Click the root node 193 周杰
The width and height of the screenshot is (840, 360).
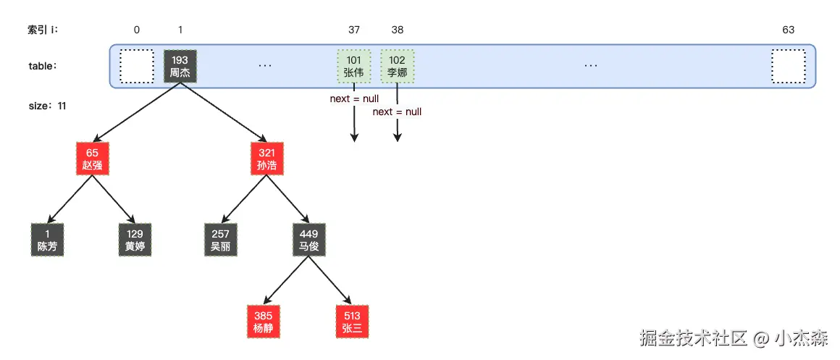pyautogui.click(x=180, y=66)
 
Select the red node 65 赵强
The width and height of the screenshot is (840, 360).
pyautogui.click(x=92, y=159)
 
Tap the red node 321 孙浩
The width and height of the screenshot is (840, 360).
pyautogui.click(x=266, y=159)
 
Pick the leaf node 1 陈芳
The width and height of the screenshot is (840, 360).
pyautogui.click(x=47, y=240)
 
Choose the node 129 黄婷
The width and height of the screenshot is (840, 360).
pyautogui.click(x=135, y=240)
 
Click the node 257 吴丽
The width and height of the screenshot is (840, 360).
pyautogui.click(x=222, y=240)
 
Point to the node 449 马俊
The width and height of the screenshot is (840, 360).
pyautogui.click(x=309, y=240)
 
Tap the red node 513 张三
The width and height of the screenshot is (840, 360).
pyautogui.click(x=352, y=322)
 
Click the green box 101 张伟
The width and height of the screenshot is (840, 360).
pyautogui.click(x=354, y=66)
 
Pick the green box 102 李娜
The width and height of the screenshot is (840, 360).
pyautogui.click(x=398, y=66)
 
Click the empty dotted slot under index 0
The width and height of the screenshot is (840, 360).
pyautogui.click(x=137, y=66)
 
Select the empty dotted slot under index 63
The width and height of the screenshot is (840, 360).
pyautogui.click(x=788, y=66)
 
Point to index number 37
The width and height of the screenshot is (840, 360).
pyautogui.click(x=354, y=30)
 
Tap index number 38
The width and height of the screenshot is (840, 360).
pyautogui.click(x=398, y=30)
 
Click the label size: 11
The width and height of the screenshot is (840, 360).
pyautogui.click(x=47, y=106)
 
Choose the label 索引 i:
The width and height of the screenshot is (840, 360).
pyautogui.click(x=43, y=30)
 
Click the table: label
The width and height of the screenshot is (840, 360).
pyautogui.click(x=43, y=66)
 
